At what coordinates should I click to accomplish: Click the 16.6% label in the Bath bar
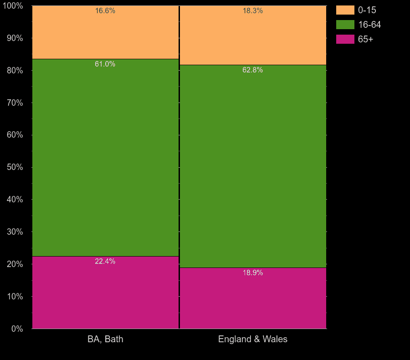pyautogui.click(x=105, y=11)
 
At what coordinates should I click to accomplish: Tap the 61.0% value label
pyautogui.click(x=105, y=64)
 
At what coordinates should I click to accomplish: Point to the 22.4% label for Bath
pyautogui.click(x=105, y=262)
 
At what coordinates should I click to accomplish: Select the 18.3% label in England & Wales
pyautogui.click(x=253, y=11)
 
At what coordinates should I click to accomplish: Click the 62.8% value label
pyautogui.click(x=253, y=70)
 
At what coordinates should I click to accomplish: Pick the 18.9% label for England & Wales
pyautogui.click(x=253, y=273)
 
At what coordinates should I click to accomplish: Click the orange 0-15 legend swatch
pyautogui.click(x=345, y=10)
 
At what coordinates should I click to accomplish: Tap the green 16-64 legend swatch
pyautogui.click(x=345, y=25)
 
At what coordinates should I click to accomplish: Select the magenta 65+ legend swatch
pyautogui.click(x=345, y=39)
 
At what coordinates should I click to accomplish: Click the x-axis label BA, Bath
pyautogui.click(x=105, y=339)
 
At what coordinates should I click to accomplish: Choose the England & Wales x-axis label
pyautogui.click(x=253, y=339)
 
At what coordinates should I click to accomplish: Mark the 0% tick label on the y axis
pyautogui.click(x=16, y=329)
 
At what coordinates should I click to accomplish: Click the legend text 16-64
pyautogui.click(x=369, y=25)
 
